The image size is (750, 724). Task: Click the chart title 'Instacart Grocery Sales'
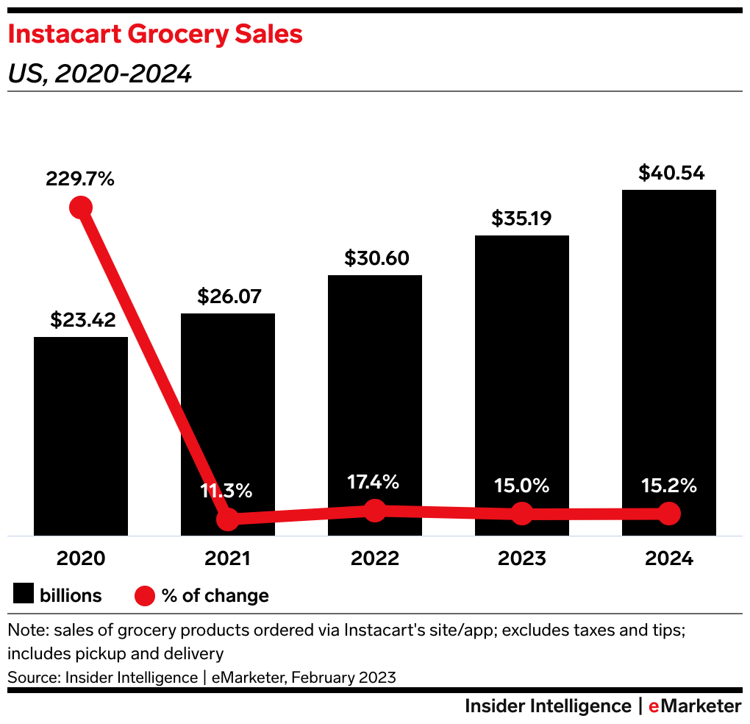coord(155,35)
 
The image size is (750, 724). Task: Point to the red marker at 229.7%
coord(81,207)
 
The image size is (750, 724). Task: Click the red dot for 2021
coord(228,519)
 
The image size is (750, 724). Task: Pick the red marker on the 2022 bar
coord(375,510)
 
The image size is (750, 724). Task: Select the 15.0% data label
coord(522,486)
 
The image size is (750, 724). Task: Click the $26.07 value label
coord(228,297)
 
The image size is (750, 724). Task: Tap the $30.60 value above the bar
coord(375,258)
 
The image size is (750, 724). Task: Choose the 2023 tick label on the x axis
coord(522,558)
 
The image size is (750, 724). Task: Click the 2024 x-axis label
coord(669,558)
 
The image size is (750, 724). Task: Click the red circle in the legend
coord(144,595)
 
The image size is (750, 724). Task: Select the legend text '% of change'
coord(215,595)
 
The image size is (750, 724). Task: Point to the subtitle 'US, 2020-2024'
coord(99,74)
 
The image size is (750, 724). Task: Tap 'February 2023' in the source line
coord(343,677)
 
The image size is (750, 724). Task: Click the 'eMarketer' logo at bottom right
coord(695,706)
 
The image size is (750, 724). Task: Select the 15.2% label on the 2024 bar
coord(669,486)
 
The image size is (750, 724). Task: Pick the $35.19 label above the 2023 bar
coord(522,219)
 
